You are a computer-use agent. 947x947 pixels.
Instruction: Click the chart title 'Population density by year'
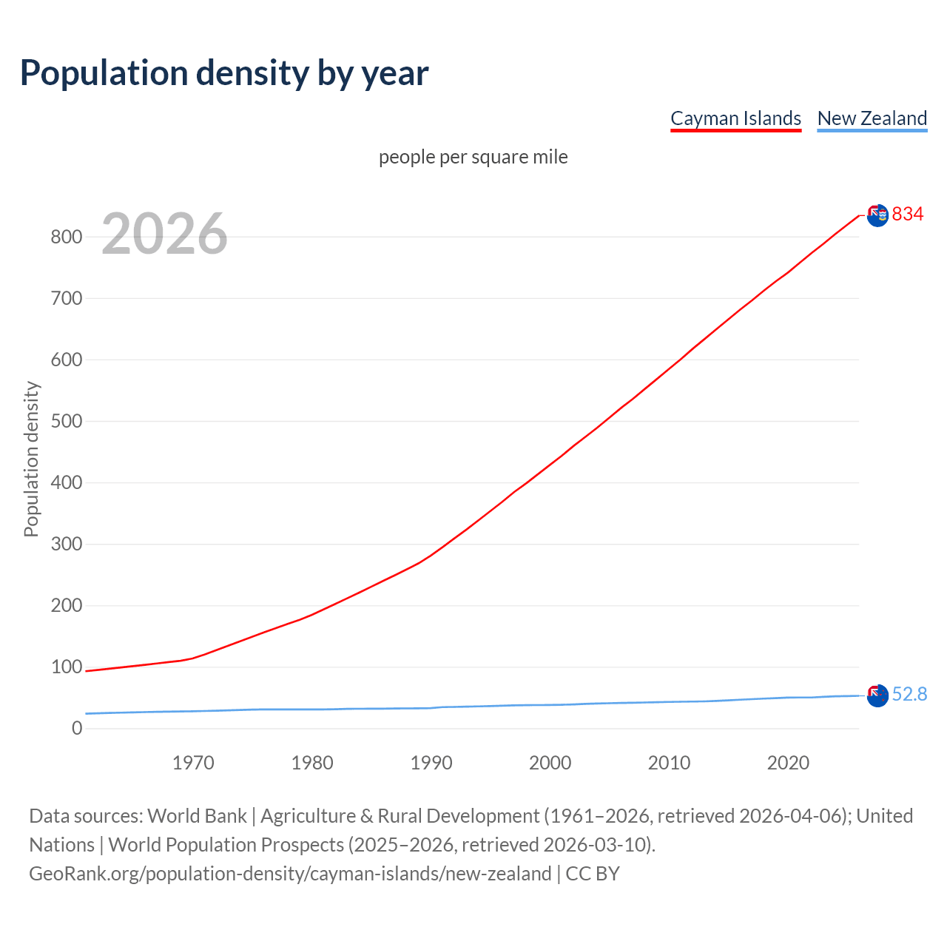pos(224,73)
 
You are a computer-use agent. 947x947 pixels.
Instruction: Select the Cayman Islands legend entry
pos(735,118)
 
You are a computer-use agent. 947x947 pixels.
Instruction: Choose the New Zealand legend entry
pos(872,118)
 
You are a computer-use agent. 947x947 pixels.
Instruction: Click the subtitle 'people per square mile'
pos(473,157)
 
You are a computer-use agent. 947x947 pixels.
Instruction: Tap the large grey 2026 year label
pos(164,234)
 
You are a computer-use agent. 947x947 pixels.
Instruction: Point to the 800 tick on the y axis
pos(66,237)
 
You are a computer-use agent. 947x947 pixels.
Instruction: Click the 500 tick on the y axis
pos(66,422)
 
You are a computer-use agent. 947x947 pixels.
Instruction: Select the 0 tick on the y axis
pos(77,729)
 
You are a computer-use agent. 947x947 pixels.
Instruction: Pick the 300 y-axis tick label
pos(66,545)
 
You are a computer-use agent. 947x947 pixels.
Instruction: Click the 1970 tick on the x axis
pos(193,763)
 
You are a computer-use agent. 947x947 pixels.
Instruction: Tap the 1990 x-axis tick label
pos(431,763)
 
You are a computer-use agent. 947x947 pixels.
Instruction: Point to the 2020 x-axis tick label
pos(788,763)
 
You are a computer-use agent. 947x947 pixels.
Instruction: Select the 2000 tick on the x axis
pos(550,763)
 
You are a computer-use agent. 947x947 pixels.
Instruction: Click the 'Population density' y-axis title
pos(31,459)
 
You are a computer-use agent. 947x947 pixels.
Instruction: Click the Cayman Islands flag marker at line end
pos(877,215)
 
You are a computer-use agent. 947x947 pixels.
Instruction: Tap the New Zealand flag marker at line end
pos(877,695)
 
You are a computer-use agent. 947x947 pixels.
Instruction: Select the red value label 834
pos(908,215)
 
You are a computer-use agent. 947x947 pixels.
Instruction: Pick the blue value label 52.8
pos(909,695)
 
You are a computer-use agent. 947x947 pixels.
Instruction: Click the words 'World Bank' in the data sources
pos(197,816)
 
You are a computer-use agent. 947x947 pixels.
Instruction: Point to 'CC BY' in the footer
pos(593,874)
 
